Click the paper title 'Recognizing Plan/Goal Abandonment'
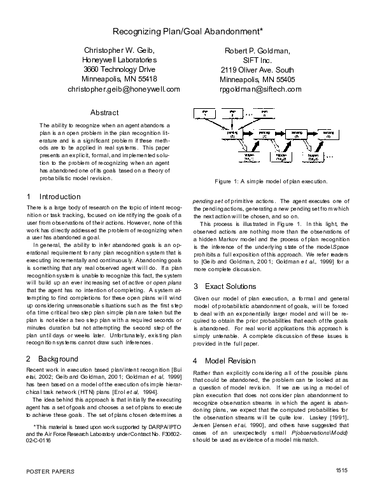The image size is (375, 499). [187, 31]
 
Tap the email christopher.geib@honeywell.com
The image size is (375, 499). [124, 90]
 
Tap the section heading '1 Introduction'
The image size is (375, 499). [53, 197]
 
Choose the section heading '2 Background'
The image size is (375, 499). [51, 359]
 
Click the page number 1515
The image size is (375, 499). [341, 488]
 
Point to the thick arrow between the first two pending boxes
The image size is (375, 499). [247, 134]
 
